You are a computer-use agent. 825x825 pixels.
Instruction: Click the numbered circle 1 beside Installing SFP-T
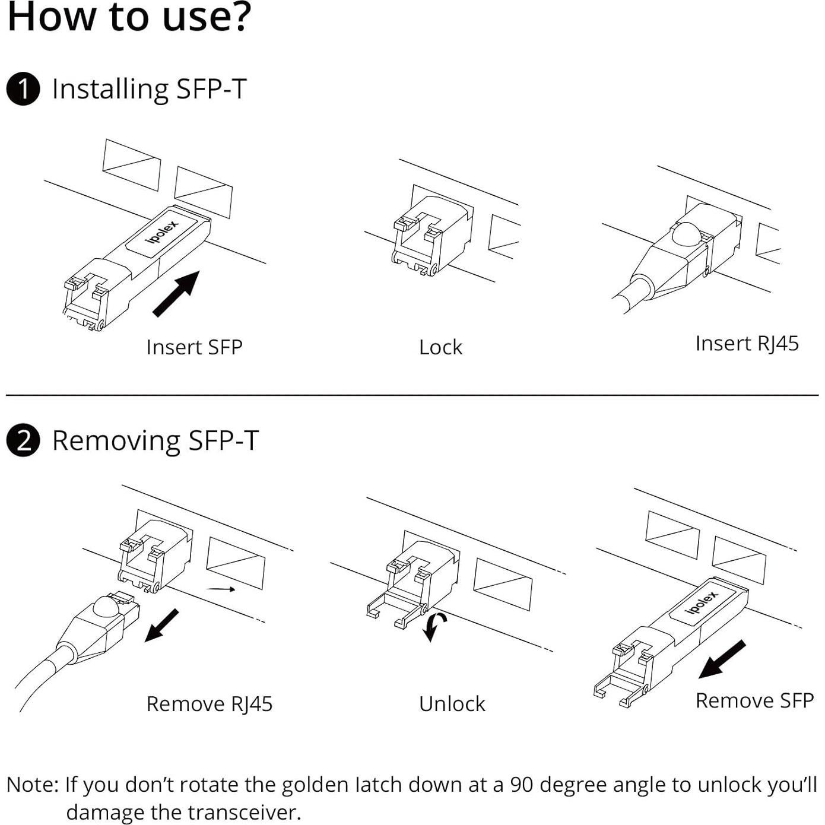coord(23,90)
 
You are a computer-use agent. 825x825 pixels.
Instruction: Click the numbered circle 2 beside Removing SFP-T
coord(23,442)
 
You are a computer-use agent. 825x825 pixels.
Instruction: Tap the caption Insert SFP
coord(194,347)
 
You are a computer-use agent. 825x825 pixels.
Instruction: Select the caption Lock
coord(440,347)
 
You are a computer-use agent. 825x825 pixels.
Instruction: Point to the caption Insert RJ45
coord(747,344)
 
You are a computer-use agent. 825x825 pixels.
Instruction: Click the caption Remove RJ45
coord(209,704)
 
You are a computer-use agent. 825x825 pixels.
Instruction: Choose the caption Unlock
coord(452,704)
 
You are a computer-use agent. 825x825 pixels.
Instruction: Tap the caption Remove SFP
coord(754,700)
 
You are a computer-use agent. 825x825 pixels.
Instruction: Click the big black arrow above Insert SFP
coord(176,293)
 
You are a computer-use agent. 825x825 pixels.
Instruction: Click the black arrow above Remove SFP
coord(722,659)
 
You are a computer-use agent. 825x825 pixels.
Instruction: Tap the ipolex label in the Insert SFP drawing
coord(161,230)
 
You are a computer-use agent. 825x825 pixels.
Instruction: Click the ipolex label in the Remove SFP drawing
coord(702,602)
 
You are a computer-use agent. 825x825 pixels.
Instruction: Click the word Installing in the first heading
coord(110,90)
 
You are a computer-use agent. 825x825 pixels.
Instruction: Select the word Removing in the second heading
coord(116,442)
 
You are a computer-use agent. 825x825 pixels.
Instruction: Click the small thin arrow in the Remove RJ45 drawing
coord(221,589)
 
